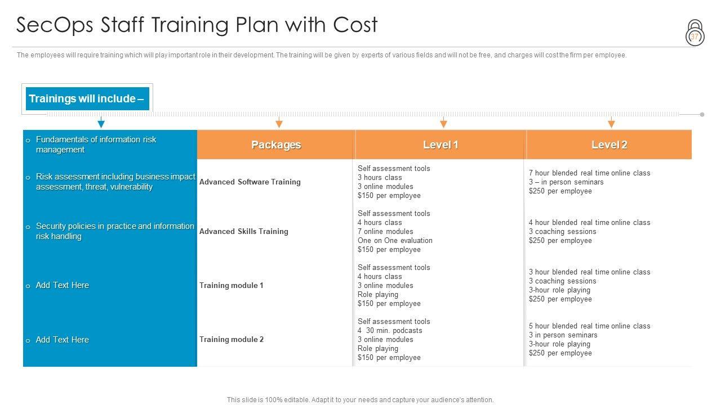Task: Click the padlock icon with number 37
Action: tap(695, 33)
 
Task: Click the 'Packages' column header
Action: tap(276, 145)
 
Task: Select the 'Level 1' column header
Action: tap(440, 145)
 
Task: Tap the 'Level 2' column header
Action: tap(609, 145)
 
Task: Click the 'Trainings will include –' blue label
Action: tap(87, 98)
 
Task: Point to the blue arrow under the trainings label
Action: tap(101, 122)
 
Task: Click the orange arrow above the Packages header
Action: tap(279, 122)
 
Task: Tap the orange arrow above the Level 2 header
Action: tap(611, 122)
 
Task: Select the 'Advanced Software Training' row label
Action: tap(250, 182)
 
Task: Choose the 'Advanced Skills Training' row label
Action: tap(244, 231)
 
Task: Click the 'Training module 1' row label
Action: tap(232, 285)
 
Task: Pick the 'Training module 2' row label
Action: tap(232, 339)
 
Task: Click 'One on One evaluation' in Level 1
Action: tap(395, 240)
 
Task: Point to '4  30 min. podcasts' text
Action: tap(390, 330)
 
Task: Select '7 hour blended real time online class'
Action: tap(589, 173)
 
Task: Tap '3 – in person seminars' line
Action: tap(566, 182)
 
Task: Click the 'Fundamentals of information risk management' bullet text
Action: tap(96, 145)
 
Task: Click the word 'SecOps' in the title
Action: tap(55, 25)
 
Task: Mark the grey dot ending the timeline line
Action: tap(702, 114)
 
